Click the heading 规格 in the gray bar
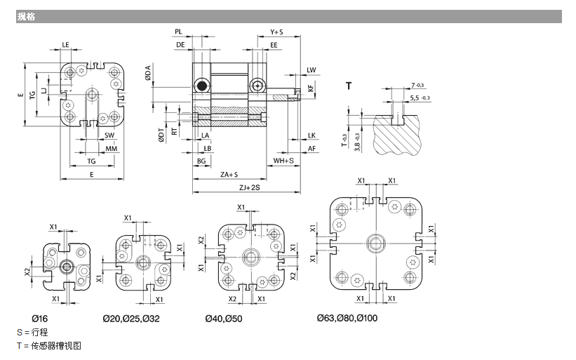27,16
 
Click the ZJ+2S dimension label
249,187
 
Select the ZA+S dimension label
228,174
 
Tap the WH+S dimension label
283,161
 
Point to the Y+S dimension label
276,32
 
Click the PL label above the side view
179,32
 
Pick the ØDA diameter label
149,72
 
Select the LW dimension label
312,69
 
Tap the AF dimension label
312,148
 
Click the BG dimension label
201,161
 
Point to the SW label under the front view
109,135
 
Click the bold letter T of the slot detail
349,86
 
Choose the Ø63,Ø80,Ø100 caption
347,319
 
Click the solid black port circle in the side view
202,86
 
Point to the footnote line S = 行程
32,331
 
